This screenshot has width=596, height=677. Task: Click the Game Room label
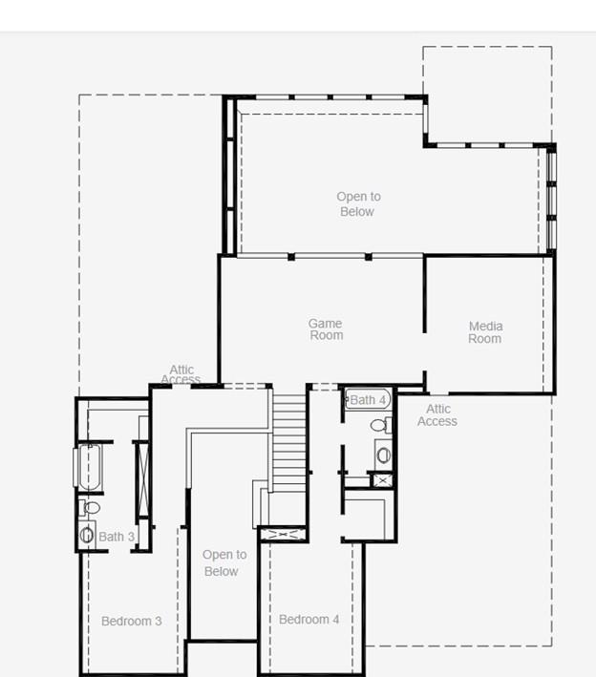tap(325, 329)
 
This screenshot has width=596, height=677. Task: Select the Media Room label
tap(485, 332)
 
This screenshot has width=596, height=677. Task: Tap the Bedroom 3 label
tap(131, 621)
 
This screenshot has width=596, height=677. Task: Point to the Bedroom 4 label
tap(309, 620)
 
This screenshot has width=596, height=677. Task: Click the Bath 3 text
tap(117, 538)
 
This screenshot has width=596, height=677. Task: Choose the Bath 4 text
tap(368, 400)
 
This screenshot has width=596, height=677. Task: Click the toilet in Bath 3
tap(89, 508)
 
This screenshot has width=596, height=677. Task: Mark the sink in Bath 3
tap(87, 535)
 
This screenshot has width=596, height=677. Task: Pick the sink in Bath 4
tap(383, 455)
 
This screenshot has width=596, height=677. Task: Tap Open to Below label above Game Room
tap(356, 204)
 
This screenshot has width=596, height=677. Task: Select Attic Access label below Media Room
tap(437, 415)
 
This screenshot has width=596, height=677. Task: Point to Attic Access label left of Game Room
tap(181, 374)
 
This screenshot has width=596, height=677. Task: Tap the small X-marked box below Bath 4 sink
tap(383, 479)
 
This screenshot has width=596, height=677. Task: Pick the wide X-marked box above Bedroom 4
tap(284, 535)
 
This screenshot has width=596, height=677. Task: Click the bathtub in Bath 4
tap(368, 400)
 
